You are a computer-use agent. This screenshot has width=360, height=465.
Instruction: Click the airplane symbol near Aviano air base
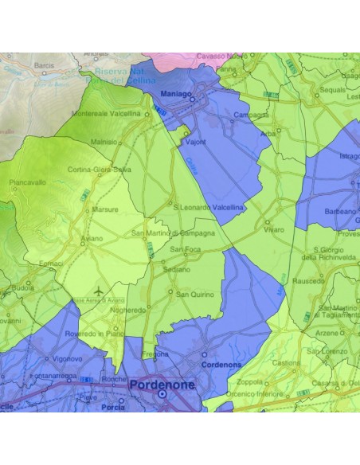pos(98,291)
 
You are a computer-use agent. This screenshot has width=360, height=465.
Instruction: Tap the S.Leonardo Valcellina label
pos(208,206)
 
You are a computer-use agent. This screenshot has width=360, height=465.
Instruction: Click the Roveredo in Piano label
pos(95,334)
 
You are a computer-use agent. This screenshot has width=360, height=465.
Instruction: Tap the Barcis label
pos(44,65)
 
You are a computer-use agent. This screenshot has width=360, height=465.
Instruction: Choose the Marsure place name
pos(105,210)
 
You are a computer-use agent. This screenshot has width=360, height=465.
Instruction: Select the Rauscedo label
pos(308,280)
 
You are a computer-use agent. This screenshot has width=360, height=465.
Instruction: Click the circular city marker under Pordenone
pos(162,394)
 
